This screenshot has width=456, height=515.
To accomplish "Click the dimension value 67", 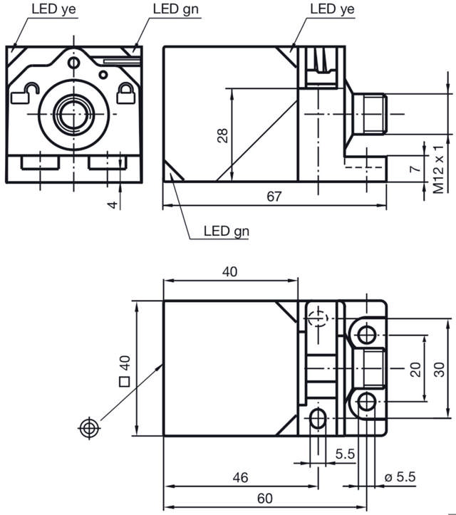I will click(x=274, y=197).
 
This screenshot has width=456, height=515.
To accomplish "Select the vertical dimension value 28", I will click(x=223, y=135).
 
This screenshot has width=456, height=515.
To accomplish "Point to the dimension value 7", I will click(x=412, y=169).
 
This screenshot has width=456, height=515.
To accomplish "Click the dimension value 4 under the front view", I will click(x=110, y=204).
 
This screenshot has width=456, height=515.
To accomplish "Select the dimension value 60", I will click(x=264, y=499).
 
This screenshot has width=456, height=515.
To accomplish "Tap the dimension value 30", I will click(x=440, y=368).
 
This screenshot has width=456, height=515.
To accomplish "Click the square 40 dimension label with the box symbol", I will click(x=124, y=371).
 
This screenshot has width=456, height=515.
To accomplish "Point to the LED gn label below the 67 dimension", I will click(x=226, y=231).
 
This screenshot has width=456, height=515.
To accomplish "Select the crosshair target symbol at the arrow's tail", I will click(x=88, y=427).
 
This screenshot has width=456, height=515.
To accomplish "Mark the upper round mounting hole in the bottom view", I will click(x=366, y=334).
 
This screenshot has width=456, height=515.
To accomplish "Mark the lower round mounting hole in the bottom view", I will click(x=366, y=402).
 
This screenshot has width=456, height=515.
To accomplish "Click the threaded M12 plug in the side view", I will click(x=370, y=114).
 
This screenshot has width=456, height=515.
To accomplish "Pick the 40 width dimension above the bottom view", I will click(x=229, y=271).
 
